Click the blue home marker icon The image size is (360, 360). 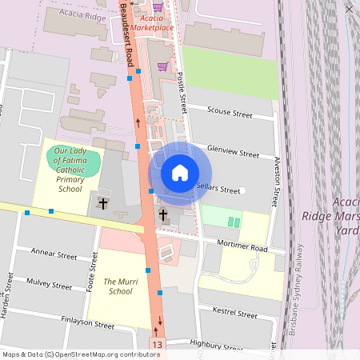point(180,172)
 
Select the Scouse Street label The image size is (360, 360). point(230,111)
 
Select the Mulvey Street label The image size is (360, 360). point(50,283)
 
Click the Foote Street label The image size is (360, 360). point(88,273)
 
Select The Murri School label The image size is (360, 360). point(120,286)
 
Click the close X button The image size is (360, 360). point(349,9)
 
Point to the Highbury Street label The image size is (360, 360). point(216,346)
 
